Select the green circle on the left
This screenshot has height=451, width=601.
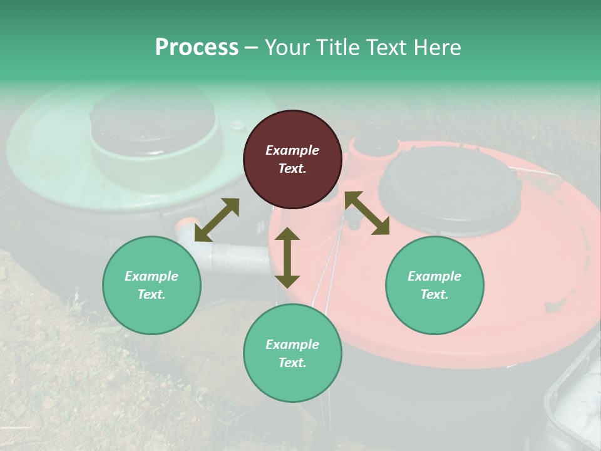click(152, 285)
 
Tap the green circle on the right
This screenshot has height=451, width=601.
click(434, 285)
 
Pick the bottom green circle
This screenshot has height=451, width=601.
click(292, 353)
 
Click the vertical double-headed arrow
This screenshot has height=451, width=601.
click(287, 257)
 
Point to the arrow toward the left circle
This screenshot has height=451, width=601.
click(217, 220)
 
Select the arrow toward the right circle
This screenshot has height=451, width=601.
click(367, 213)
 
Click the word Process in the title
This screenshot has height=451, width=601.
click(197, 47)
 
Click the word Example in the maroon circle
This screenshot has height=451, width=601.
click(292, 150)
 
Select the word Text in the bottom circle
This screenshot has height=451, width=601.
click(292, 363)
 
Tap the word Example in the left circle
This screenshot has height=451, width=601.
click(152, 276)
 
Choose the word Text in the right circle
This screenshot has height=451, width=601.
click(434, 294)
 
